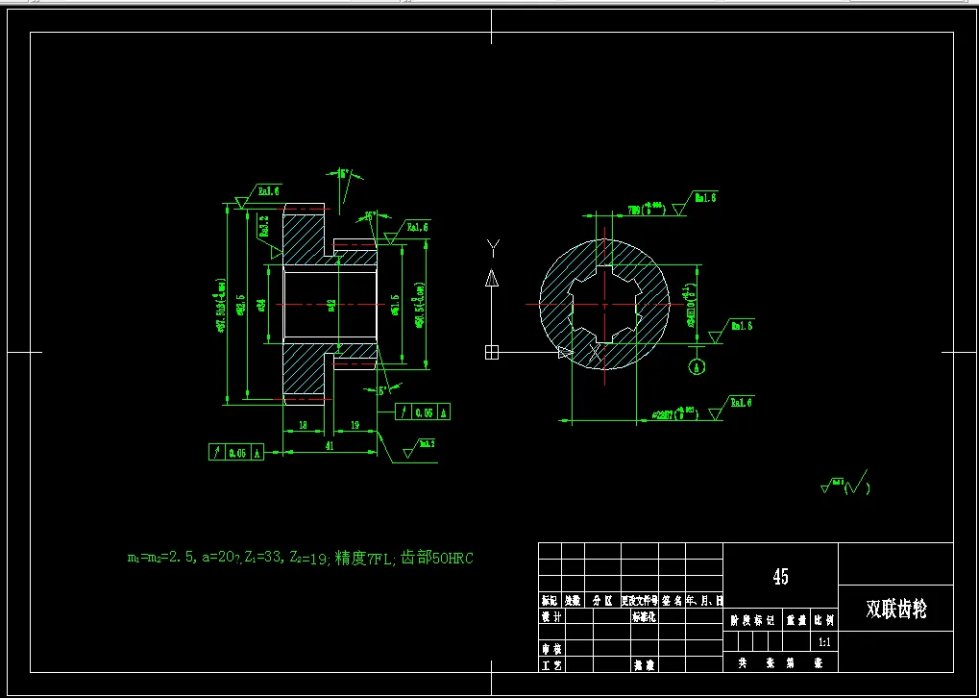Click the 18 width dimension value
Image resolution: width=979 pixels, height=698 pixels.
click(x=302, y=424)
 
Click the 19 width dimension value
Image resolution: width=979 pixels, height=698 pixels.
click(x=354, y=424)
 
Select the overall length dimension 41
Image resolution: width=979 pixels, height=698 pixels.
click(x=329, y=445)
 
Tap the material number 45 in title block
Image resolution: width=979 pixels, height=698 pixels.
click(x=780, y=577)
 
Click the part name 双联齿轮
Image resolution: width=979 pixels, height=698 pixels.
click(x=895, y=610)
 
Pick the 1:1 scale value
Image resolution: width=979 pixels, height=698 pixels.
click(x=823, y=641)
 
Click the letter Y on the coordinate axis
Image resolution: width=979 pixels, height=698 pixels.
click(x=492, y=249)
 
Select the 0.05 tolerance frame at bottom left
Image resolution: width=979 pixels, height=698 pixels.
click(x=236, y=452)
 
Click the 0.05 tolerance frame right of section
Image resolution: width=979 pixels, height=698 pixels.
click(x=424, y=411)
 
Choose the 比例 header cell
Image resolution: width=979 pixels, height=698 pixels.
click(x=823, y=621)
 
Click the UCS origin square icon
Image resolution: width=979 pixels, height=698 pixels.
click(x=492, y=351)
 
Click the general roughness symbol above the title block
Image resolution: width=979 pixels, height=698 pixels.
click(x=844, y=484)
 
